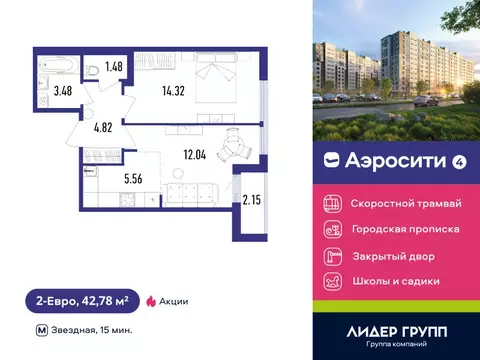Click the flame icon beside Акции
(x=152, y=300)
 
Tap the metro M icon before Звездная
(x=41, y=329)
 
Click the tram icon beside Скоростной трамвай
(x=332, y=203)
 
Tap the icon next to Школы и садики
(x=332, y=281)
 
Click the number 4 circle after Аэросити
(x=431, y=159)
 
